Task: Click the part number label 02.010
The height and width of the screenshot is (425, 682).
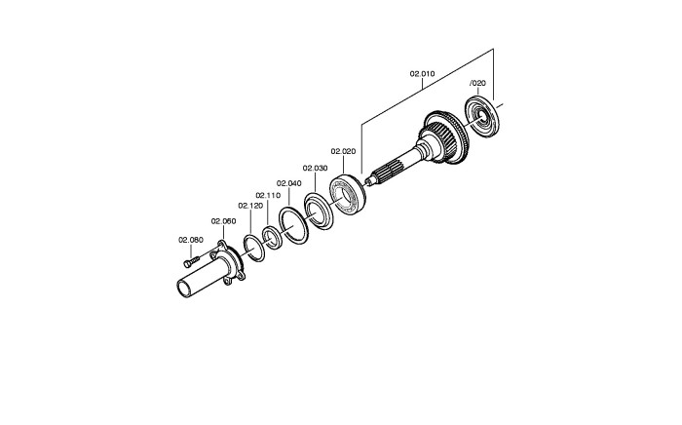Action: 422,74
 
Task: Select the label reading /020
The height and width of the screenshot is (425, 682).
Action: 478,83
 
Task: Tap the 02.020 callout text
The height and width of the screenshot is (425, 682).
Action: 343,151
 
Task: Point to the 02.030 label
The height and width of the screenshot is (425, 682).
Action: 315,168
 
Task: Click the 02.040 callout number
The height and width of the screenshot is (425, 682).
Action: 288,183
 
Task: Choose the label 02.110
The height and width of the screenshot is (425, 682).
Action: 268,195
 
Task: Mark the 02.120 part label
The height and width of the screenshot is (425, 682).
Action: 250,206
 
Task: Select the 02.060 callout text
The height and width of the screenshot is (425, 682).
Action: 223,221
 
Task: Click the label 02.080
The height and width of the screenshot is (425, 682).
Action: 191,240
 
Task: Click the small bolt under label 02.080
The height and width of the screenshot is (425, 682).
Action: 191,261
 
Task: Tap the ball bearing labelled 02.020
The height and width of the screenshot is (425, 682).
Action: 348,195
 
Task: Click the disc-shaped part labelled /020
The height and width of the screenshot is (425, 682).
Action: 482,117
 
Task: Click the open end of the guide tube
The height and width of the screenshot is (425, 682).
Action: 184,290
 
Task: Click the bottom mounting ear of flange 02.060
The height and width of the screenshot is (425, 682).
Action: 227,282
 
